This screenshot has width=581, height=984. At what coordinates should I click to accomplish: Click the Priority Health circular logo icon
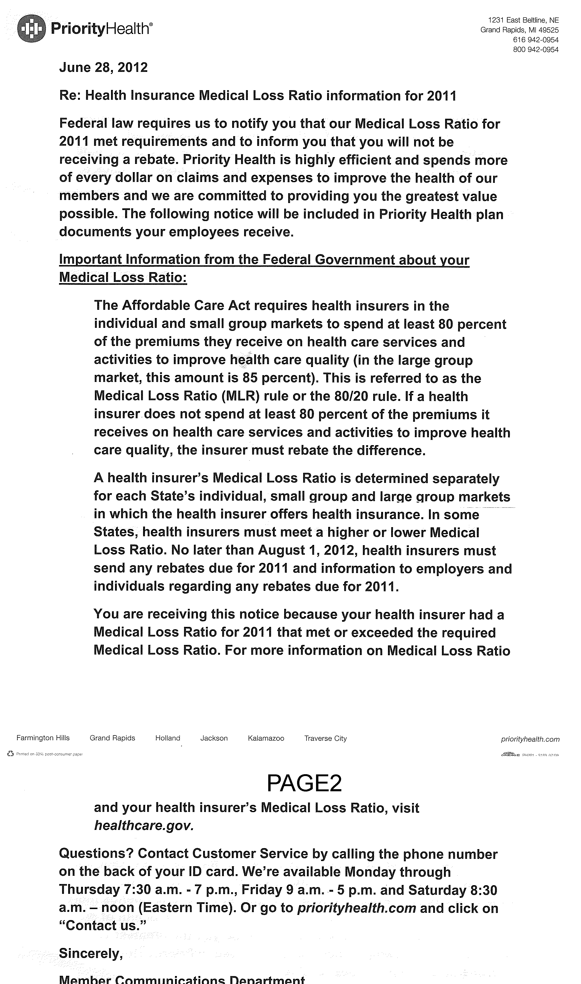click(32, 28)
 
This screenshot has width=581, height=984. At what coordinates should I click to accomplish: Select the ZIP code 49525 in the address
click(548, 30)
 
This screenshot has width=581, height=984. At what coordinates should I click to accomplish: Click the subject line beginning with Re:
click(258, 96)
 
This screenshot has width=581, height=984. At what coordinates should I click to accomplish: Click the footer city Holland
click(168, 738)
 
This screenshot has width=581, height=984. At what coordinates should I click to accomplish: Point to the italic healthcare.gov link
click(144, 825)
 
